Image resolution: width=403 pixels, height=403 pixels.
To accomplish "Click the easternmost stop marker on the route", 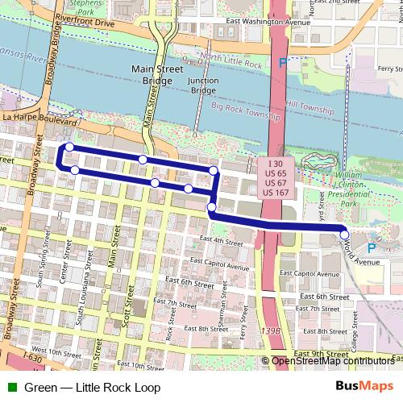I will point(345,235).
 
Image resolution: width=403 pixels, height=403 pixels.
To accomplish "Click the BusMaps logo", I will point(364,387).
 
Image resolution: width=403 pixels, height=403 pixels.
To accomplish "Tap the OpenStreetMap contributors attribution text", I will point(333,362).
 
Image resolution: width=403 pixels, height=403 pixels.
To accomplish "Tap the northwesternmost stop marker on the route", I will point(69,147).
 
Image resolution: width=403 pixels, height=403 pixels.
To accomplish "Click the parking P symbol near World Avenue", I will point(370,248).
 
